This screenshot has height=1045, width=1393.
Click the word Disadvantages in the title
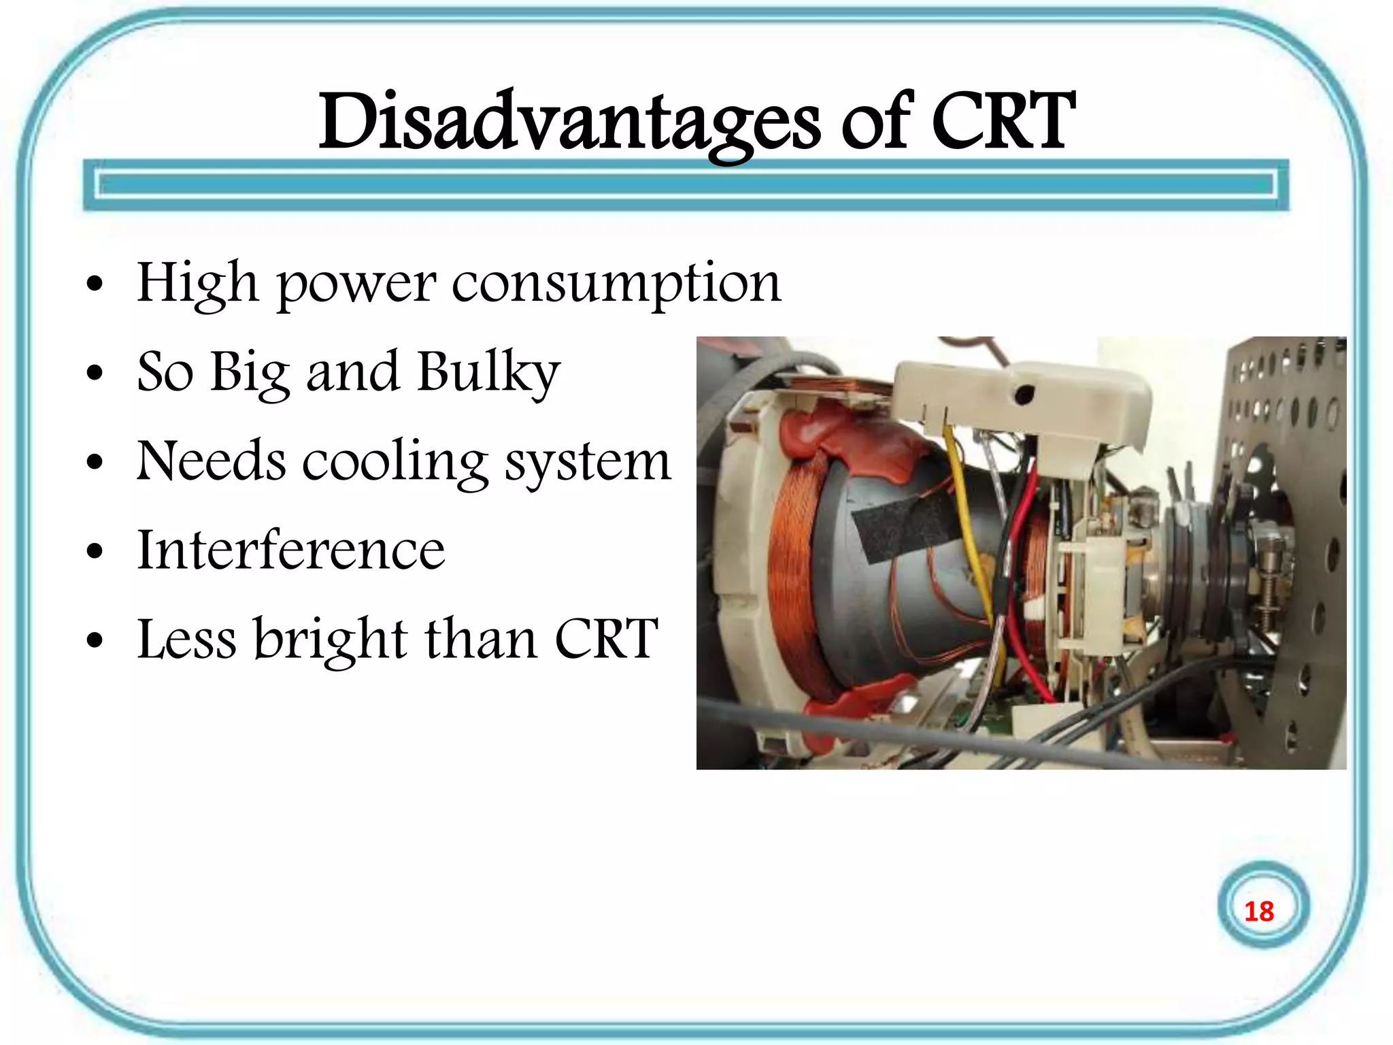(x=569, y=122)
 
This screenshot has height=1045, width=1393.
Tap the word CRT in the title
(x=1003, y=122)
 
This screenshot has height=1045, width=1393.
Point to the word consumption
(x=616, y=284)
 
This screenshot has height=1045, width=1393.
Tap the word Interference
(x=291, y=550)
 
